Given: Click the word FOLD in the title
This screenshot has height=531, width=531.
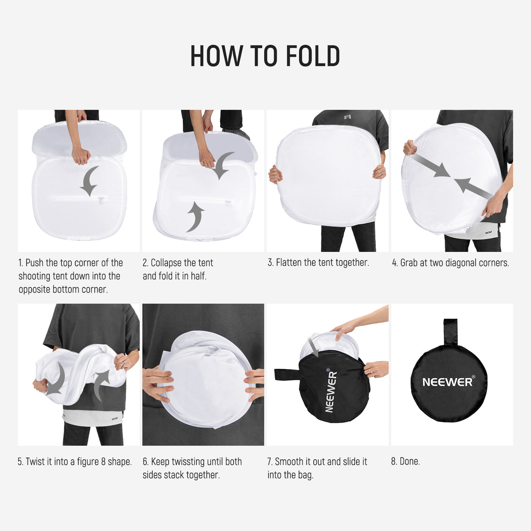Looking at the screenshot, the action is coord(313,56).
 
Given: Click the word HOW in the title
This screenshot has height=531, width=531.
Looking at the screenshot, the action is coord(216,56).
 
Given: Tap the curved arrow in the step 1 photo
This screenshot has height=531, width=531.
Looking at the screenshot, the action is coord(90,181).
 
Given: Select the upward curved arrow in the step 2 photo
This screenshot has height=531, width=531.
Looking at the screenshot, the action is coord(196,217).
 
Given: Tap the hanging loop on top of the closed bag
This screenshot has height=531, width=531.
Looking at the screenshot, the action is coord(450,332).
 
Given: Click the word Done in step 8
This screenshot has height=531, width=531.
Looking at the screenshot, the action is coord(410,461).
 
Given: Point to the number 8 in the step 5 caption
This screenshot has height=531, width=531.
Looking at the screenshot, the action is coord(104,462).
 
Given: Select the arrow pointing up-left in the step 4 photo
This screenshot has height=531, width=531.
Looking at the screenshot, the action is coord(473,189).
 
